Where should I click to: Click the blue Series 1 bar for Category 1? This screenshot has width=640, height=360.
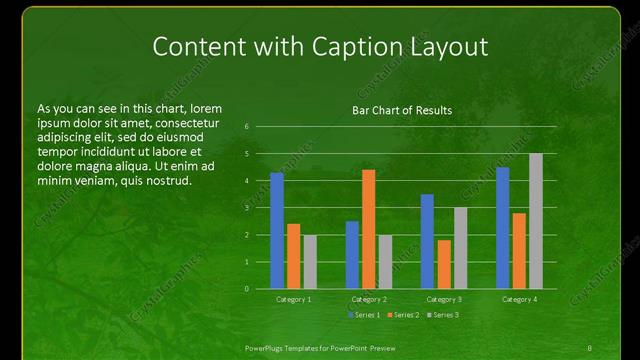pos(277,230)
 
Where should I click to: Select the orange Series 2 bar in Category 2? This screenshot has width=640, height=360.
pos(369,229)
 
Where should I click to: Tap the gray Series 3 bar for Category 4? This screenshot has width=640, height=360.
pos(536,221)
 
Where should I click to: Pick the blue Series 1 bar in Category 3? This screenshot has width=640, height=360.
pos(427,241)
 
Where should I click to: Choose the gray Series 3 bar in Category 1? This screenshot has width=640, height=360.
pos(310,261)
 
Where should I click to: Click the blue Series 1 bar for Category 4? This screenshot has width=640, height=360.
pos(502,227)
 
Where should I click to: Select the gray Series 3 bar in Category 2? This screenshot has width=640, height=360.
pos(386,261)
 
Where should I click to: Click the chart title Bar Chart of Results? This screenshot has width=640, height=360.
pos(403,110)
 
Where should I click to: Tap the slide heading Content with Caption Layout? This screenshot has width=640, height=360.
pos(319,47)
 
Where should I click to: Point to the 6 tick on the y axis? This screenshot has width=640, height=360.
pos(247,127)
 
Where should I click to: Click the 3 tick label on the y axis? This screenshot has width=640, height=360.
pos(247,208)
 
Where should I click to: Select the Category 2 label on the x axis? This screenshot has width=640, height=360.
pos(369,299)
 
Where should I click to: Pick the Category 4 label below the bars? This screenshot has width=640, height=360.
pos(519,299)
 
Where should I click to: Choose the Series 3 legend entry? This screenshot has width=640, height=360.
pos(445,315)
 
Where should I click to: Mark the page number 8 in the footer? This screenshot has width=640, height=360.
pos(590,347)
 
